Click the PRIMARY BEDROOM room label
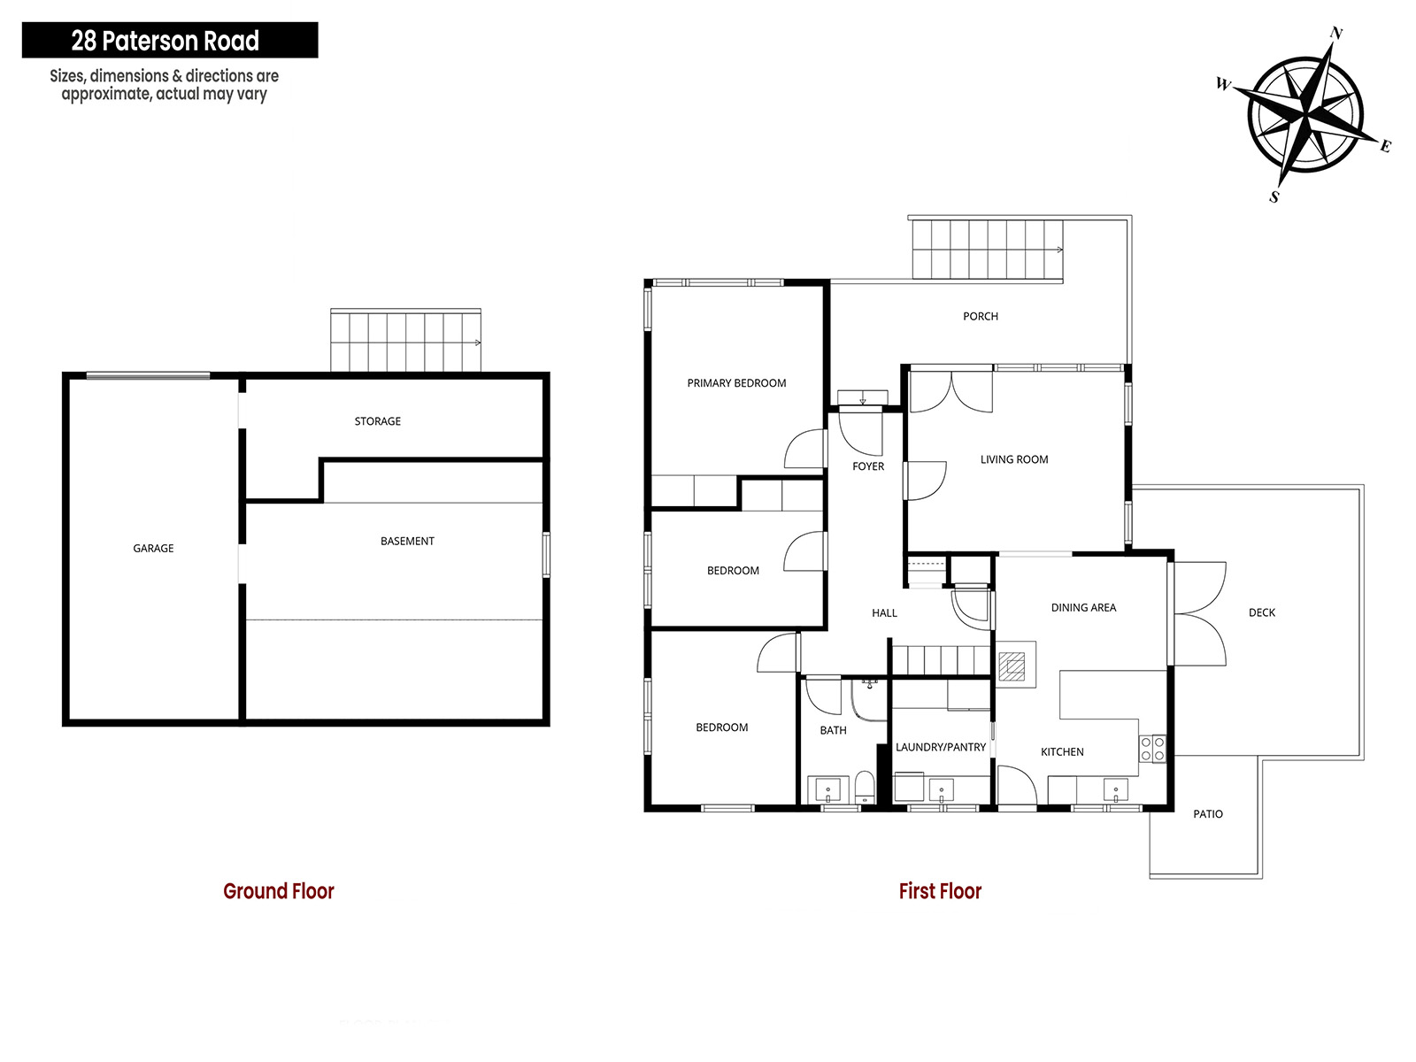736,383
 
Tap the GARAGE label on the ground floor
153,548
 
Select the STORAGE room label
377,421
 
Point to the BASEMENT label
407,541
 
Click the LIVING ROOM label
1014,459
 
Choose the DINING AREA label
1083,607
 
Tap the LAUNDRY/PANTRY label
941,747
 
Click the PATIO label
1208,813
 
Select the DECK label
1262,612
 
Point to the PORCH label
980,316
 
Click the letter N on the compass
1336,34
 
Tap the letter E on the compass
1385,146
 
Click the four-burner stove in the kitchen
1152,750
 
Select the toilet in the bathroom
865,788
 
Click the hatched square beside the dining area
1011,666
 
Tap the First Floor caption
940,891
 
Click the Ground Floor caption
279,891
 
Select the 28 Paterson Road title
165,41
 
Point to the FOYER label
867,466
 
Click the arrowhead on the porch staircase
1059,250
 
